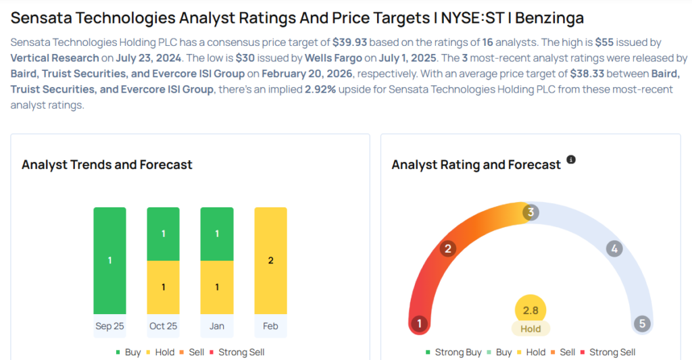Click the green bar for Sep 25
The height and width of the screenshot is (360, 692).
pyautogui.click(x=109, y=260)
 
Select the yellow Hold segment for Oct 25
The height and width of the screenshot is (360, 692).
pyautogui.click(x=163, y=287)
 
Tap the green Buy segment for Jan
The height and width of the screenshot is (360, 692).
pyautogui.click(x=217, y=234)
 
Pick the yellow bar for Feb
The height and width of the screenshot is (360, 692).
pyautogui.click(x=270, y=260)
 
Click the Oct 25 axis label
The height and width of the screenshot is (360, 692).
pyautogui.click(x=163, y=326)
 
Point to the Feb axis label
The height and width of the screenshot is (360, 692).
pyautogui.click(x=270, y=326)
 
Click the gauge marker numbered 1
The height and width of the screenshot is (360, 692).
pyautogui.click(x=419, y=324)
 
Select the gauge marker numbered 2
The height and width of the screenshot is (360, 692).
pyautogui.click(x=447, y=249)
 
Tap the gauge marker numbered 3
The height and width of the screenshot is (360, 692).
pyautogui.click(x=531, y=213)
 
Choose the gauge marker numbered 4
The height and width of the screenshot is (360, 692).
pyautogui.click(x=614, y=249)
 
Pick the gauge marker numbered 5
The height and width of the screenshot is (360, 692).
pyautogui.click(x=642, y=324)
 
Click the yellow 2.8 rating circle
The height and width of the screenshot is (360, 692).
pyautogui.click(x=530, y=310)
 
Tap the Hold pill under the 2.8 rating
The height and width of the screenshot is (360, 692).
pyautogui.click(x=530, y=329)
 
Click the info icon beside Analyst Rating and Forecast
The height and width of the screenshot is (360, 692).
pyautogui.click(x=571, y=160)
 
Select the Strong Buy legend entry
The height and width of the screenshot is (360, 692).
pyautogui.click(x=453, y=352)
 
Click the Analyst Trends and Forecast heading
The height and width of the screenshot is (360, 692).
pyautogui.click(x=107, y=165)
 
